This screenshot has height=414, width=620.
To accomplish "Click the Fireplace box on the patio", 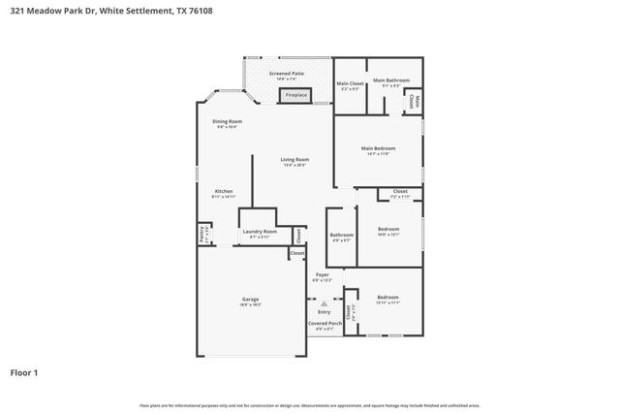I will click(x=294, y=95).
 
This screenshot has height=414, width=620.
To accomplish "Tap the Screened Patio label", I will click(x=287, y=73).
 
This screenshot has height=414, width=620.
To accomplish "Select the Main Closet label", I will click(x=349, y=83).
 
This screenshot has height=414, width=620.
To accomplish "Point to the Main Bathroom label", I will click(x=390, y=80).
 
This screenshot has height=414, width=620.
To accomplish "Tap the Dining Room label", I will click(x=226, y=121).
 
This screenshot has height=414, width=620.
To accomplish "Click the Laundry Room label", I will click(x=260, y=232).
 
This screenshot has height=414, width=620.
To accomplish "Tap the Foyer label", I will click(x=322, y=275).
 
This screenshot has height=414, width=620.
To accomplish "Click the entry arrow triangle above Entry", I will click(x=324, y=303).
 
